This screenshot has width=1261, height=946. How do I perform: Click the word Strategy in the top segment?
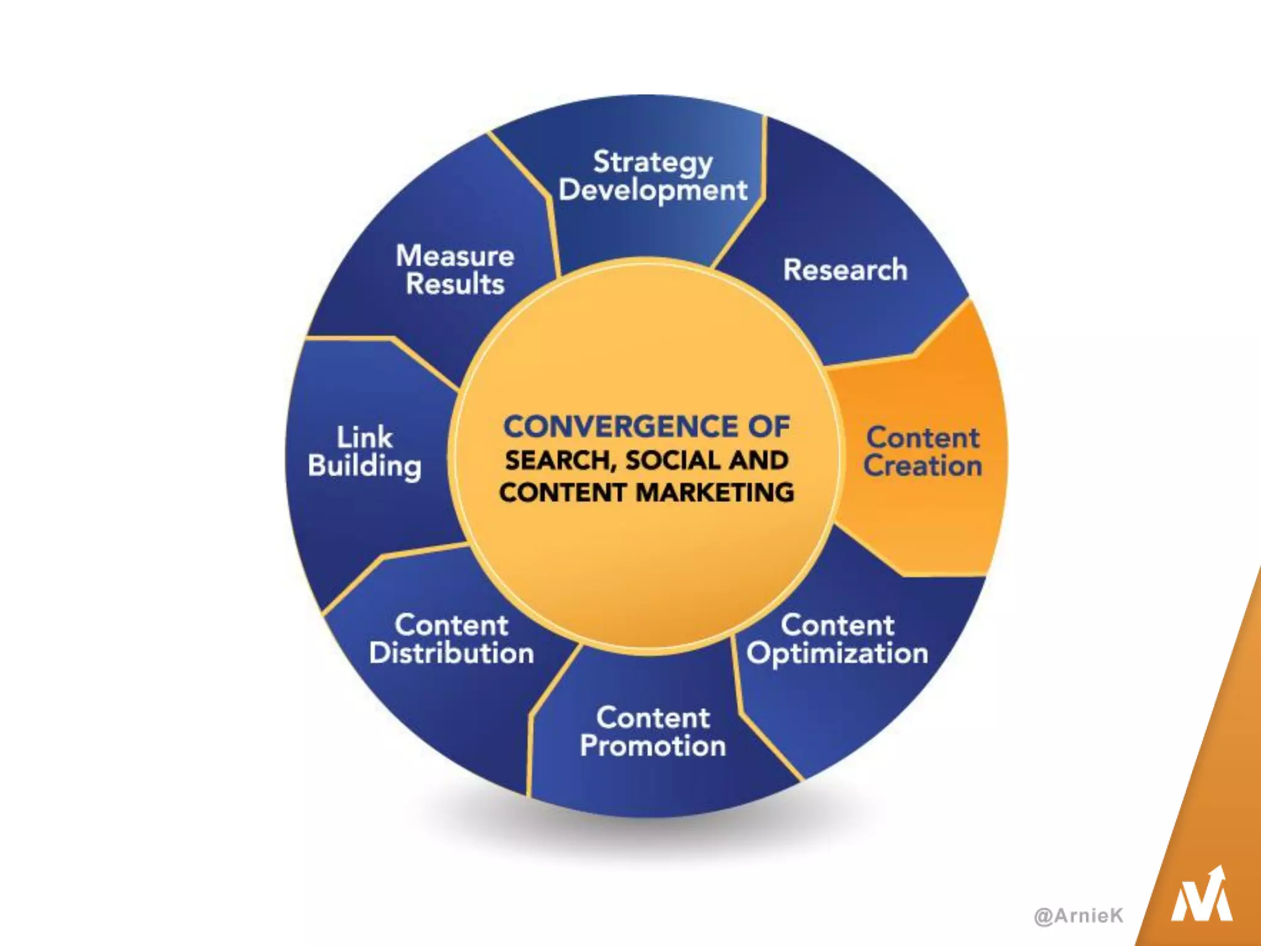point(653,163)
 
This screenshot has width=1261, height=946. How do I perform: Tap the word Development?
point(653,190)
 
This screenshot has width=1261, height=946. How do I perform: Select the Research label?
point(845,270)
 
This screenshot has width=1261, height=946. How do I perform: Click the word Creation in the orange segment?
point(922,466)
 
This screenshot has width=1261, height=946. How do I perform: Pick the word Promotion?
point(653,746)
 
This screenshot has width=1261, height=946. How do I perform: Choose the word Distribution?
point(451,653)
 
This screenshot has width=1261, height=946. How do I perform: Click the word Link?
point(365,437)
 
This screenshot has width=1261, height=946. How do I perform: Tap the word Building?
point(365,467)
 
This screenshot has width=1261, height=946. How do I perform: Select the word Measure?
point(455,256)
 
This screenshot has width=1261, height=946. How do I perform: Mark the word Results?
point(455,284)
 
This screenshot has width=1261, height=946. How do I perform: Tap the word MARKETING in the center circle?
point(714,493)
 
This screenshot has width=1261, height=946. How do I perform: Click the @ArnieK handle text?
point(1079,915)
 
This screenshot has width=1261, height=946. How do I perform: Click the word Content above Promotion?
point(653,718)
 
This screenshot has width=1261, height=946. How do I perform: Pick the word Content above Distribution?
point(451,625)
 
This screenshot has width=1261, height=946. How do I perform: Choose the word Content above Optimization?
point(837,625)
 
